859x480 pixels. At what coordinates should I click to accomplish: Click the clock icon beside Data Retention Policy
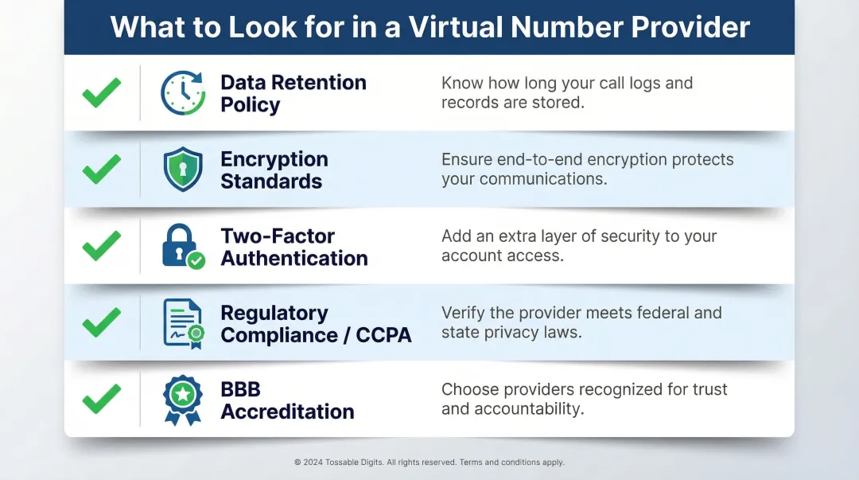click(x=183, y=93)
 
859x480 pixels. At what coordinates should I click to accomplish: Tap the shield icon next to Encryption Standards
click(x=183, y=170)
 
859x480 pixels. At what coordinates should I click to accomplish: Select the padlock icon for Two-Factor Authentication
click(x=182, y=246)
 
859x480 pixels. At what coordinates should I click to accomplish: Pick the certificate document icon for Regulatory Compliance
click(x=183, y=323)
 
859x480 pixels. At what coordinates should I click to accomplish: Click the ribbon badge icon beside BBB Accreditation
click(x=182, y=400)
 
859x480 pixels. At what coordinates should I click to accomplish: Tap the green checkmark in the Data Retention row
click(x=102, y=93)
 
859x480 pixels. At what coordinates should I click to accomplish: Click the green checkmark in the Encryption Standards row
click(x=102, y=170)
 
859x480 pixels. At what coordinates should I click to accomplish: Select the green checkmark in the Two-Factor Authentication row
click(x=102, y=246)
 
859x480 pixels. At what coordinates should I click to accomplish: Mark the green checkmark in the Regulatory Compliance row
click(x=102, y=323)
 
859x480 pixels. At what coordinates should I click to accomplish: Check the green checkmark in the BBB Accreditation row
click(x=102, y=400)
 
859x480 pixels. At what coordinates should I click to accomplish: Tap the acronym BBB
click(x=240, y=390)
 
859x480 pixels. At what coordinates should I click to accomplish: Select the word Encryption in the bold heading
click(x=274, y=159)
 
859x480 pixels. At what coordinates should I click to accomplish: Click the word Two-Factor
click(x=277, y=236)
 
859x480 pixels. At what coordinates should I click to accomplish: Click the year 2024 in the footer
click(x=313, y=462)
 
